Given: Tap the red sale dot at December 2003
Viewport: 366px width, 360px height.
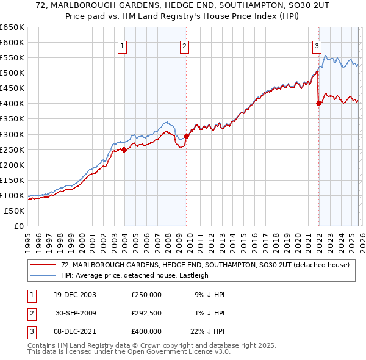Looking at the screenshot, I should coord(124,149).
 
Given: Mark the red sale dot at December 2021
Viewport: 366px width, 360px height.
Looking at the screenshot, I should coord(318,103).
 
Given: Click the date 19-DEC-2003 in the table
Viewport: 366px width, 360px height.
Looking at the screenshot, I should coord(75,295).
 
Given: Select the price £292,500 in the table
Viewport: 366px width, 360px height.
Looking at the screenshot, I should coord(146,313).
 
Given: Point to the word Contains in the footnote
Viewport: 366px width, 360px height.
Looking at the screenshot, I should coord(41,345).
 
